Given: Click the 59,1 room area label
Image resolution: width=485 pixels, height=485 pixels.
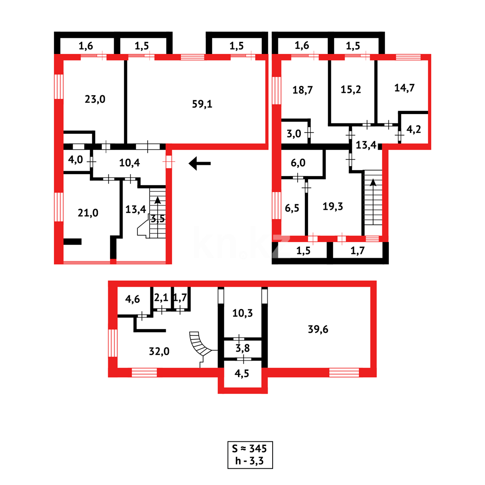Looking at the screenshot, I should point(203,104).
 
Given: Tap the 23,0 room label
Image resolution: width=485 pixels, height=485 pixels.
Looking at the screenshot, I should point(95,99).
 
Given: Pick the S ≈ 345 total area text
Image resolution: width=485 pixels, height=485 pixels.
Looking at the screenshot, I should point(249,448).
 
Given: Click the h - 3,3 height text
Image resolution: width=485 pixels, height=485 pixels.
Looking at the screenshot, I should point(249,460).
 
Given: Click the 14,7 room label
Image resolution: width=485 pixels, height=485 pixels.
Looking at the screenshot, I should point(404,88).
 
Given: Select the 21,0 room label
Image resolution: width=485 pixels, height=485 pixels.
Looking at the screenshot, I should point(88,213).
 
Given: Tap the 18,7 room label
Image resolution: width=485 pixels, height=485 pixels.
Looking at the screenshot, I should point(302,89).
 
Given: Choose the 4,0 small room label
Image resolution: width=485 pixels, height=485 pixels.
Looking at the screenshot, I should point(75,160).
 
